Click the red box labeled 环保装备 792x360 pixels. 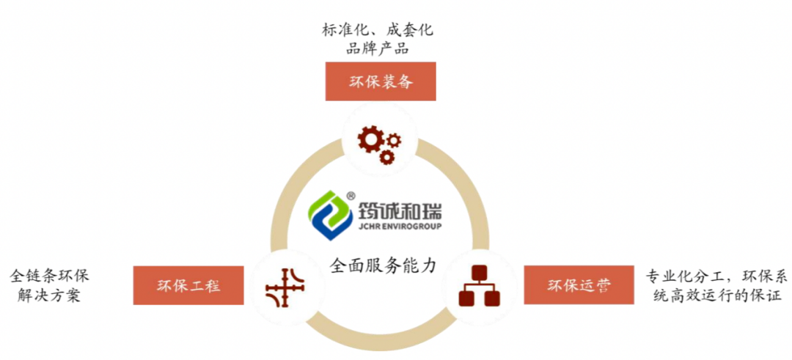point(381,81)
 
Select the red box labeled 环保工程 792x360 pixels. point(188,285)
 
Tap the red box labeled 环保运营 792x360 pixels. point(579,285)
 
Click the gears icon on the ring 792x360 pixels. point(378,144)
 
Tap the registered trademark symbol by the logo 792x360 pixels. point(351,196)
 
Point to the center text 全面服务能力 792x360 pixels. point(383,265)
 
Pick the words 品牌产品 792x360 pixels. point(378,50)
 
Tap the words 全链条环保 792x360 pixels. point(49,276)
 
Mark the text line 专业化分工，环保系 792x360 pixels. point(716,276)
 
